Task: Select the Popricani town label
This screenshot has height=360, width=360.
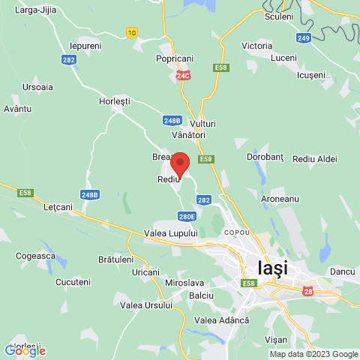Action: (x=174, y=58)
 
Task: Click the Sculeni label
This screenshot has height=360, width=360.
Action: (x=278, y=16)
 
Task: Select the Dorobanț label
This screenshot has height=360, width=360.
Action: (x=265, y=157)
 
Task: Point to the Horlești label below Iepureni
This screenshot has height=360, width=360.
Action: (x=115, y=100)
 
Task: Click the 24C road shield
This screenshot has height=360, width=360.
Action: (x=184, y=76)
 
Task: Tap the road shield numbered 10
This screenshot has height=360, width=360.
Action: (x=132, y=32)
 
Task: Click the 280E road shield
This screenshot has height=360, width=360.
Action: (x=187, y=217)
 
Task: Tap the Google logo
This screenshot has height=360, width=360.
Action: (x=25, y=350)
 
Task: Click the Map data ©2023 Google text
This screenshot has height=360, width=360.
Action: (x=313, y=354)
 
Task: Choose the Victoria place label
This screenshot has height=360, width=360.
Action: (x=256, y=46)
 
